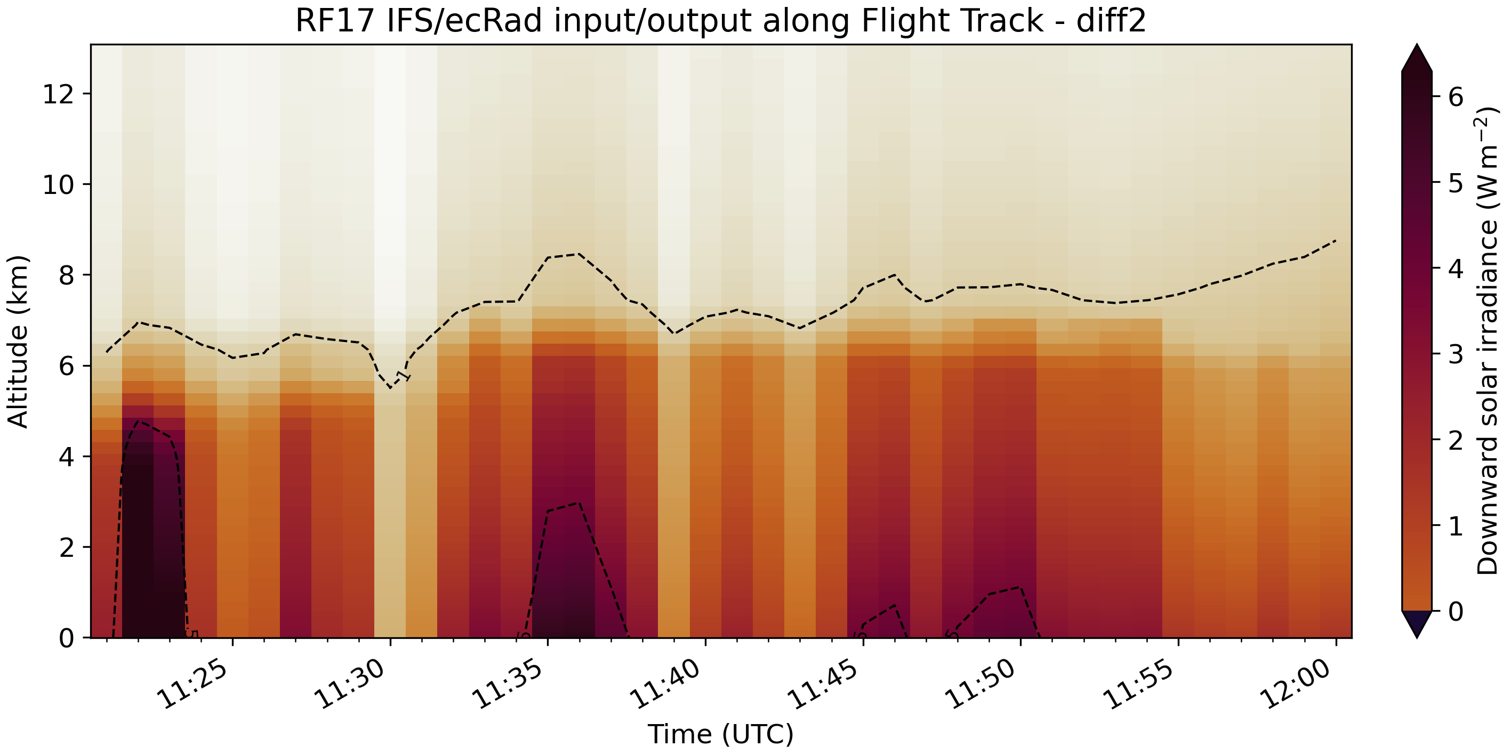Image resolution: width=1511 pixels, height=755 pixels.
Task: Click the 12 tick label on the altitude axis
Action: tap(58, 94)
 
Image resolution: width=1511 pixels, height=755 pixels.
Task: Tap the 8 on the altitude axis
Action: tap(66, 275)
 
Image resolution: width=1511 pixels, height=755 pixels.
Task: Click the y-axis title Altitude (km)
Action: tap(18, 342)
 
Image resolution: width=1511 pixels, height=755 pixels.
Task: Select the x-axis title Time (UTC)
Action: tap(720, 734)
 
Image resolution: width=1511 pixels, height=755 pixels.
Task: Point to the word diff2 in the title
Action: tap(1111, 21)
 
